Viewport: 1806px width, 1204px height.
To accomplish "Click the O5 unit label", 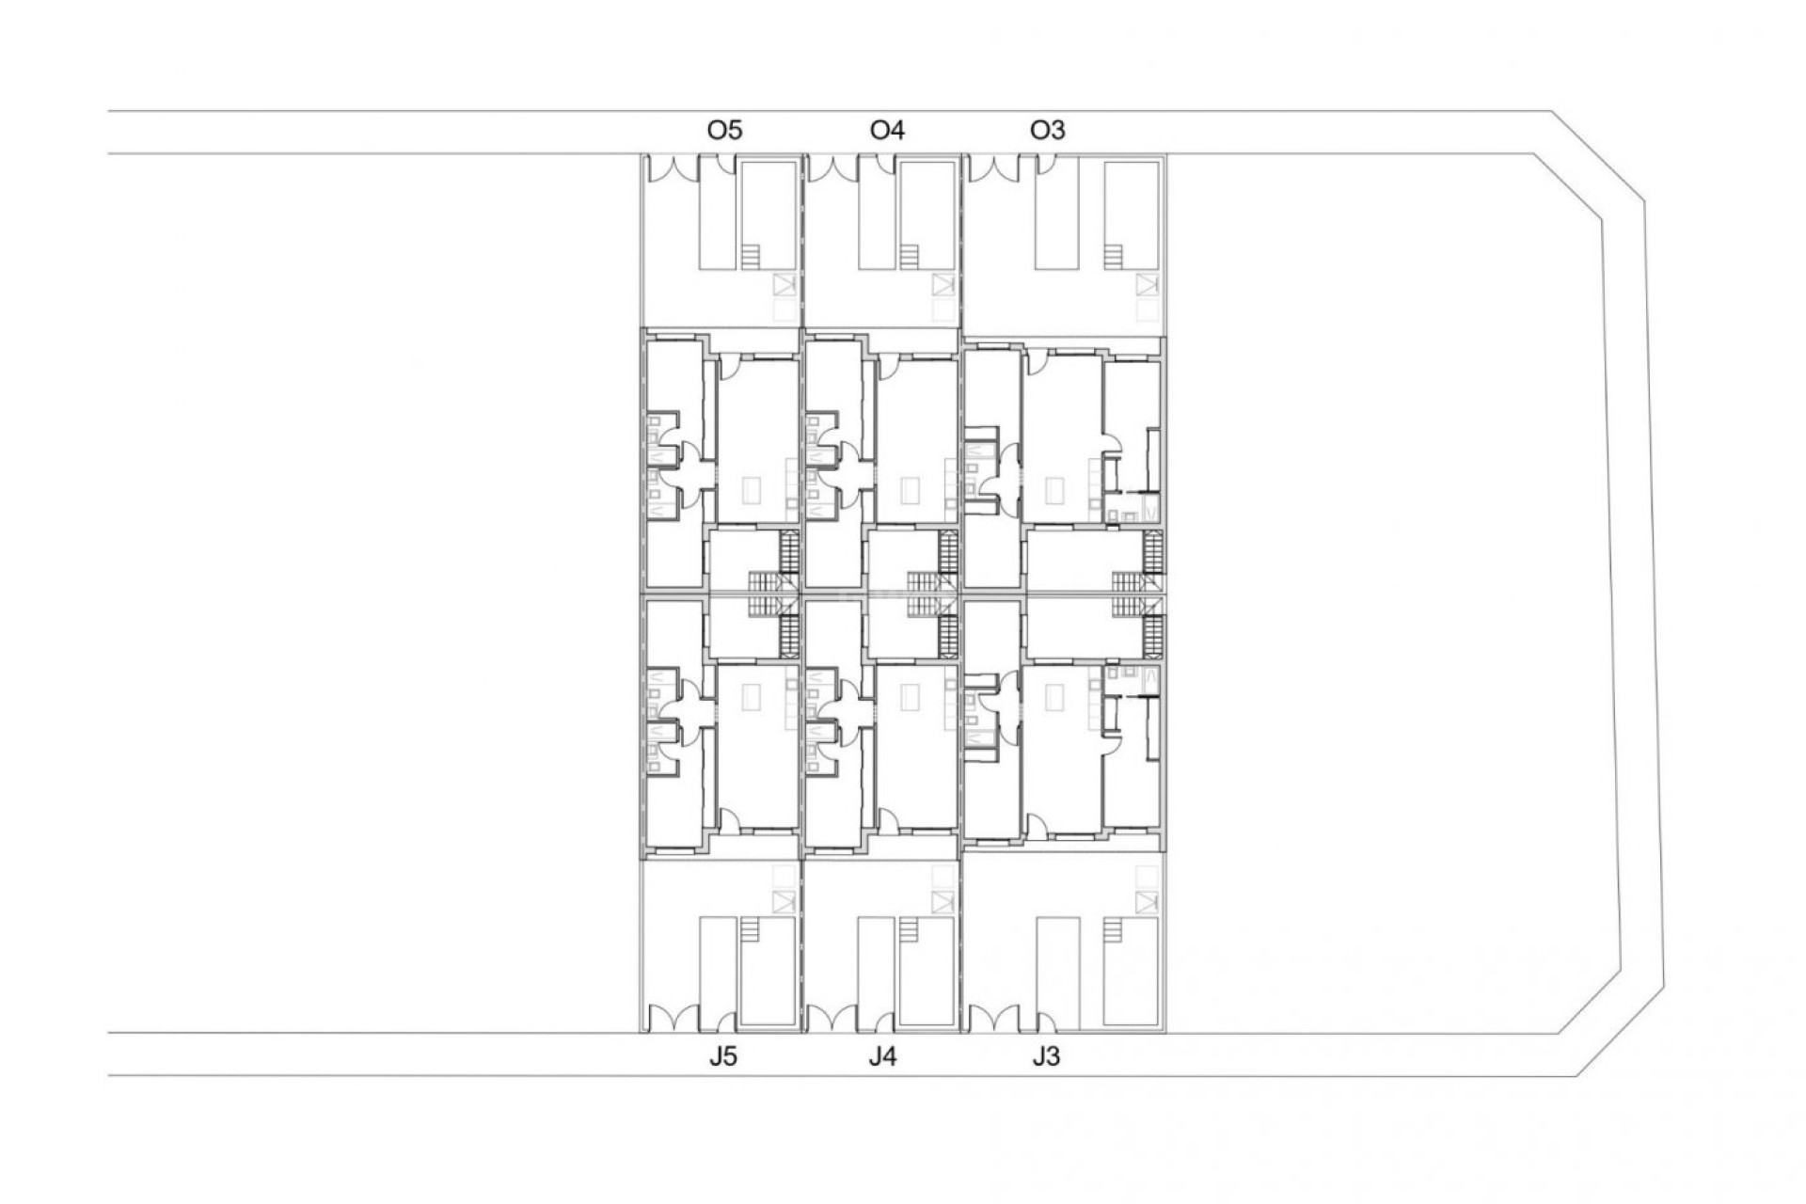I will click(724, 130).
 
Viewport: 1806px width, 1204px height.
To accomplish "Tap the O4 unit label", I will click(887, 130).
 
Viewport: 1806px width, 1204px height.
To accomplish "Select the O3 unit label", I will click(1048, 130).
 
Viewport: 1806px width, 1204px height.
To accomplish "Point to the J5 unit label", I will click(722, 1056).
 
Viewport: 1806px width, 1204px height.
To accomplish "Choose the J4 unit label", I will click(882, 1056).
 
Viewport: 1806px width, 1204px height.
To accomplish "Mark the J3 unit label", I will click(1045, 1056).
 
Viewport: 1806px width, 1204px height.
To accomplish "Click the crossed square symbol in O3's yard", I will click(1146, 284).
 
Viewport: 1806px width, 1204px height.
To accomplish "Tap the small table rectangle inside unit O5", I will click(752, 490).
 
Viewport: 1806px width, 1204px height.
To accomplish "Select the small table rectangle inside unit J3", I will click(1055, 696).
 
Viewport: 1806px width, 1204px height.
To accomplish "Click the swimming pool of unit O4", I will click(927, 216).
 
